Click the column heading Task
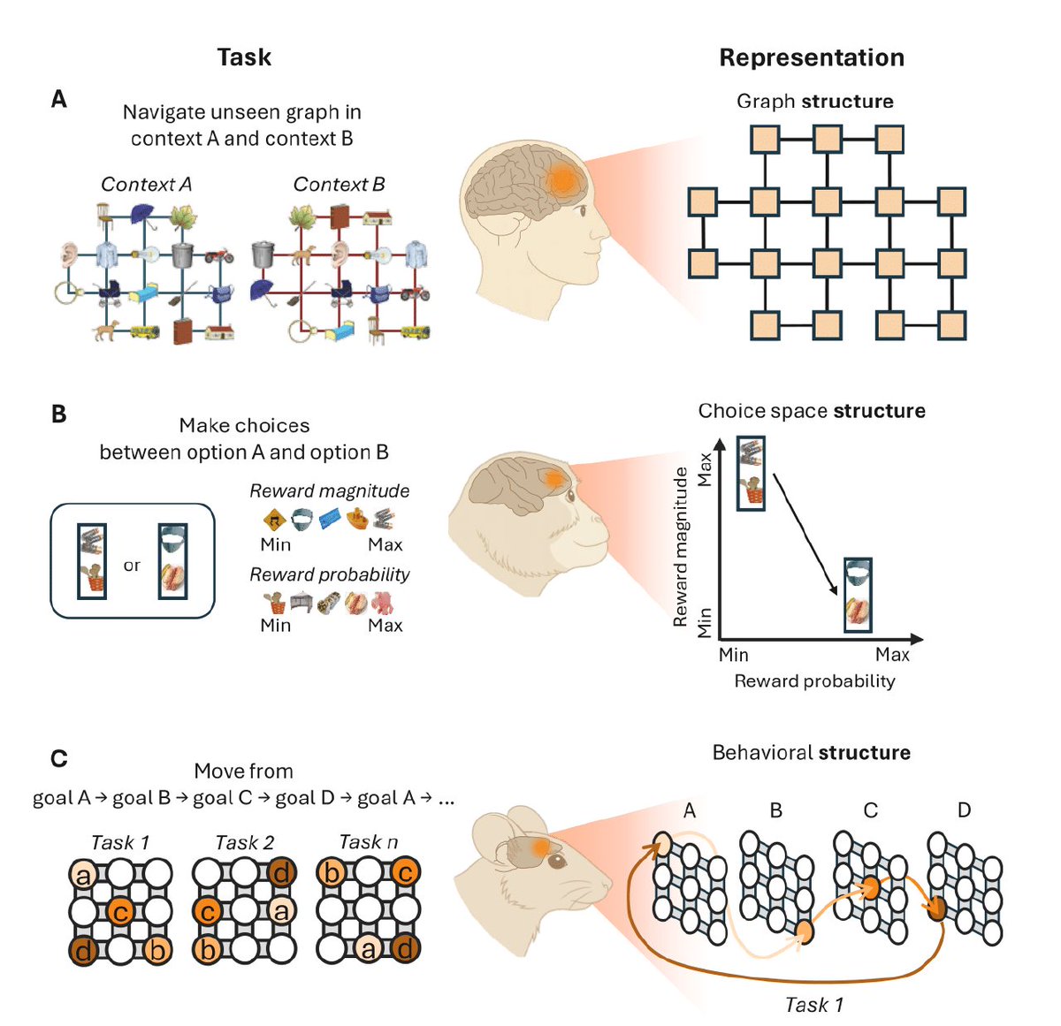coord(244,57)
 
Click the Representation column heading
coord(811,58)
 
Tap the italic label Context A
coord(146,185)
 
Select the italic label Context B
coord(339,185)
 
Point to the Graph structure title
coord(814,102)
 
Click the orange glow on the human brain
coord(561,180)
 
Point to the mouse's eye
coord(555,860)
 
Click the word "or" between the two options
coord(132,566)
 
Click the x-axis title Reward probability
coord(814,681)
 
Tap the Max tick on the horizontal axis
coord(892,655)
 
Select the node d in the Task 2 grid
coord(281,874)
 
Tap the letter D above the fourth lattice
coord(964,810)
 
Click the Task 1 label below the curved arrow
coord(813,1005)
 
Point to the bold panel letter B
coord(58,414)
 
